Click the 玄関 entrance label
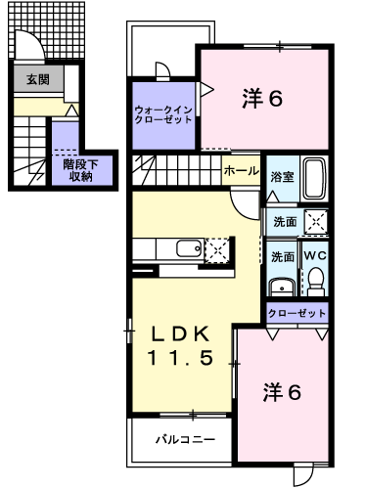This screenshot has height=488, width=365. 38,79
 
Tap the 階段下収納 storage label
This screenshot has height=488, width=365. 80,170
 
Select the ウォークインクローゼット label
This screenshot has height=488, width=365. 163,114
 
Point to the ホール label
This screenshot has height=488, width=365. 242,170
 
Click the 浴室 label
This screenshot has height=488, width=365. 282,177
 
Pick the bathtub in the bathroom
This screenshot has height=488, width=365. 314,179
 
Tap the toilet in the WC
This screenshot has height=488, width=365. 316,280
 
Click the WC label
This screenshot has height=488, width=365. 315,256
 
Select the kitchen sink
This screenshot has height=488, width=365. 189,249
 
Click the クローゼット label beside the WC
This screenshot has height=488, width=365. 297,313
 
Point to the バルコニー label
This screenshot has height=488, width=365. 185,439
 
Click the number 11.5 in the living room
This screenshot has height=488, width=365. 180,358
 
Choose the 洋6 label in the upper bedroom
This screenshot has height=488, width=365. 262,98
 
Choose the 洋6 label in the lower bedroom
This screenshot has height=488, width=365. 282,392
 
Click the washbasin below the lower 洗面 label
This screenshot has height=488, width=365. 282,287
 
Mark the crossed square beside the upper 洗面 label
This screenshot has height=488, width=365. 316,222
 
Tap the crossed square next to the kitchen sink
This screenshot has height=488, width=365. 217,250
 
